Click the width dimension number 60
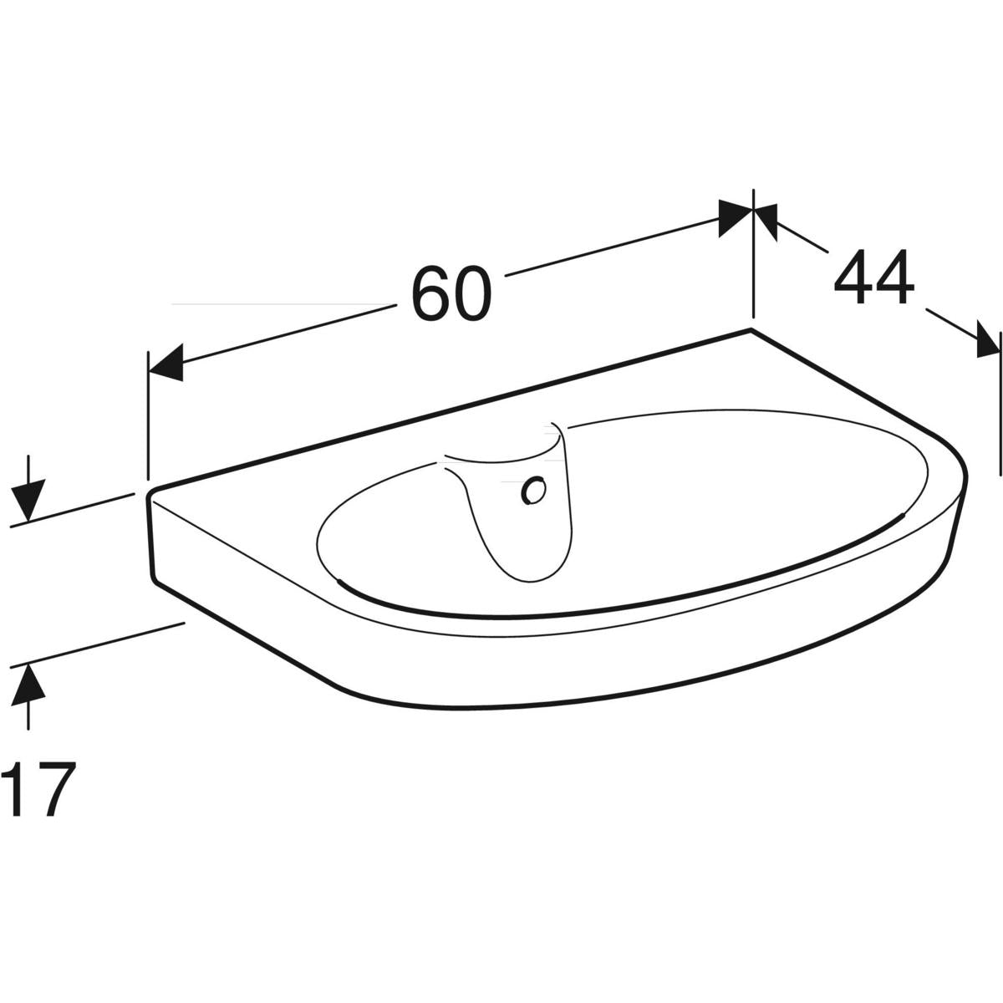tap(451, 293)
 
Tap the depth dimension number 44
tap(874, 277)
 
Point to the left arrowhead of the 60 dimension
tap(165, 363)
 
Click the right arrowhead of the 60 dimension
tap(735, 219)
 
